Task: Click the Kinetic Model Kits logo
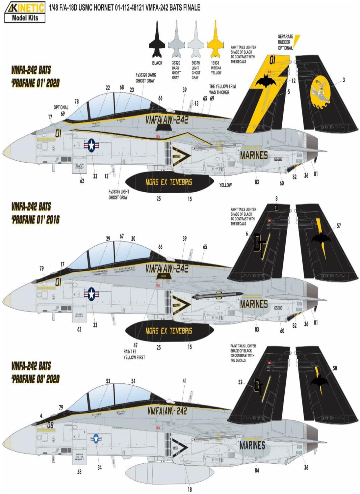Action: [25, 12]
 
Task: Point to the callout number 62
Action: [82, 180]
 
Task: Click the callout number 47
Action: [135, 345]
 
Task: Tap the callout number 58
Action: [79, 472]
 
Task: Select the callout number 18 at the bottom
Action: [189, 489]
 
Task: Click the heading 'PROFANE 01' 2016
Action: [36, 220]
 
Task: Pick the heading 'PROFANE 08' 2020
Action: [36, 379]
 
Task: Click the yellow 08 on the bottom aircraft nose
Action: [50, 425]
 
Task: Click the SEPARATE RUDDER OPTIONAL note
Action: [285, 42]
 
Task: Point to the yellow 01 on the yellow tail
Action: [272, 60]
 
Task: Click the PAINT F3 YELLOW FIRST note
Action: [134, 354]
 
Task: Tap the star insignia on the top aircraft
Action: [91, 145]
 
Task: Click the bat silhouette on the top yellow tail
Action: [265, 80]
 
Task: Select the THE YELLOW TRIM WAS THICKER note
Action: [222, 89]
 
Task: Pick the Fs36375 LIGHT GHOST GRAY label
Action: [119, 194]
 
